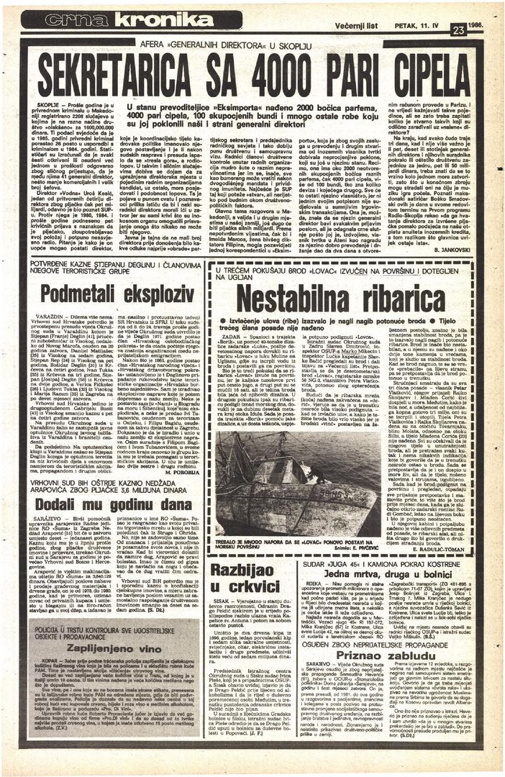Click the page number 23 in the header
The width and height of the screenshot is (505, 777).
[458, 29]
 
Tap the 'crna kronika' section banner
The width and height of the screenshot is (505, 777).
[118, 20]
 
